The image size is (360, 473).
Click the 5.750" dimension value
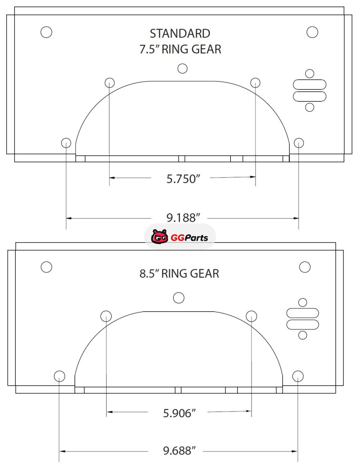(183, 179)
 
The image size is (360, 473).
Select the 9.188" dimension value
(183, 218)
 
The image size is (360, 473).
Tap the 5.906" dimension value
(180, 413)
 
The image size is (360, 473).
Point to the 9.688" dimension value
(180, 451)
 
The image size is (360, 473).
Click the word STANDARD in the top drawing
(180, 33)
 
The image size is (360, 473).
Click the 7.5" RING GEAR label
(180, 49)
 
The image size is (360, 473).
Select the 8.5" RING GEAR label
(179, 274)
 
